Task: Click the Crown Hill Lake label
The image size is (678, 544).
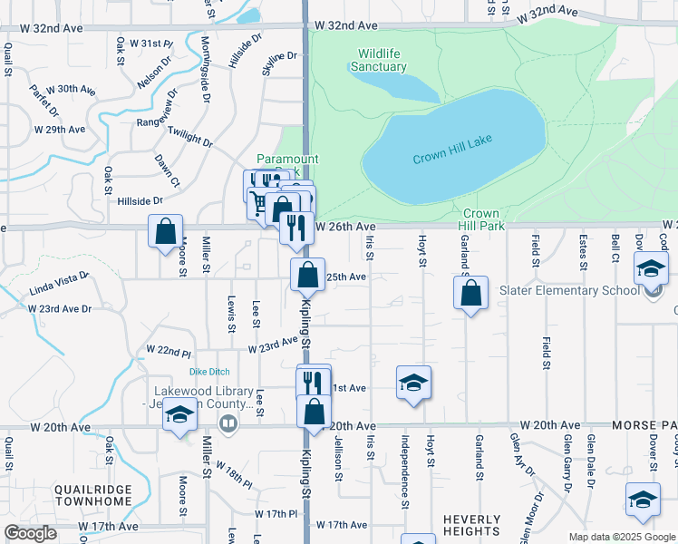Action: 452,158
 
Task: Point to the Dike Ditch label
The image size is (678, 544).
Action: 209,372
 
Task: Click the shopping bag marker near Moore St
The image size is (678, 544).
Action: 166,232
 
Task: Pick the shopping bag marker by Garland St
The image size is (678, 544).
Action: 470,293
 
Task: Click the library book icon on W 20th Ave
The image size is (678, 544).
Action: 229,423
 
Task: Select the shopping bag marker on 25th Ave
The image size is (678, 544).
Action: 307,273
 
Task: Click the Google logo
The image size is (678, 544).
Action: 30,533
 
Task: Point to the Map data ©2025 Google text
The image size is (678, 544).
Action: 623,537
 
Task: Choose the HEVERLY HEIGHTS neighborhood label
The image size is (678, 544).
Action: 471,525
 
